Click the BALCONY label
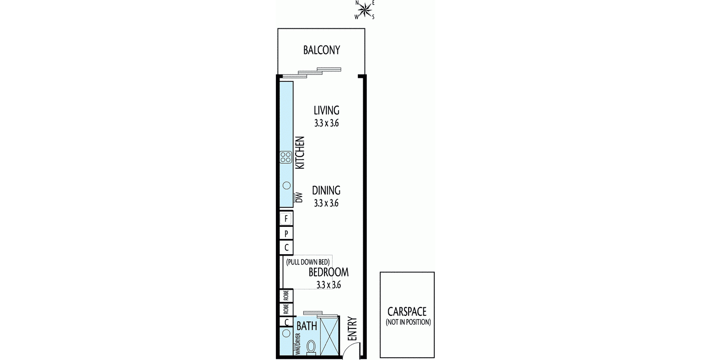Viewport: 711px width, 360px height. click(322, 50)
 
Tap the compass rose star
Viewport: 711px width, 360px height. click(365, 10)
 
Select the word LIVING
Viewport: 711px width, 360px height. click(327, 110)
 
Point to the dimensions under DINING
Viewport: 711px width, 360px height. click(326, 203)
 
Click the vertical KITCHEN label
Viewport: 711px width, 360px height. click(300, 153)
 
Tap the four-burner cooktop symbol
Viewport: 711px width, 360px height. click(286, 157)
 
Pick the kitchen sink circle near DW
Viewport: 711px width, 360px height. click(286, 186)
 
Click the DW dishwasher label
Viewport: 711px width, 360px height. click(299, 198)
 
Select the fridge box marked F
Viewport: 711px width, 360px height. click(286, 218)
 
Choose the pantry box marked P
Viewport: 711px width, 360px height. click(286, 234)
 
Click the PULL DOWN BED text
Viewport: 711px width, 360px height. click(308, 262)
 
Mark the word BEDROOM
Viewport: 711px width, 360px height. click(328, 272)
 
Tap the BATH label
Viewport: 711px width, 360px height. click(307, 326)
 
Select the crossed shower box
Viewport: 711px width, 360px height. click(329, 336)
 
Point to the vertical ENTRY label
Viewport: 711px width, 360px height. click(352, 329)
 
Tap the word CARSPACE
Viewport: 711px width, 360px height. click(407, 311)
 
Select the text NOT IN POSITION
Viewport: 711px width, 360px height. click(408, 322)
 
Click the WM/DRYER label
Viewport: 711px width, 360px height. click(298, 344)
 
